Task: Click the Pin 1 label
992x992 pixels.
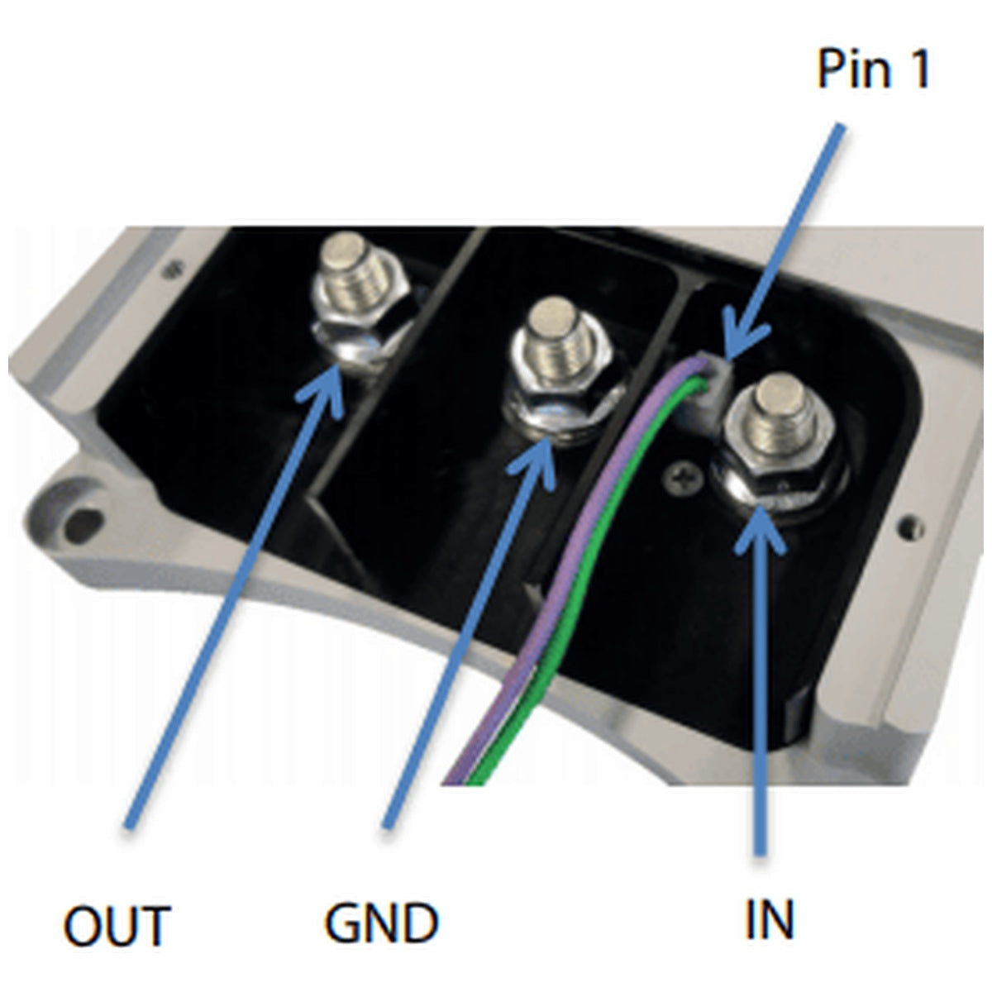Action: coord(874,69)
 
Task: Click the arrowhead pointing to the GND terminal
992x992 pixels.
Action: coord(534,460)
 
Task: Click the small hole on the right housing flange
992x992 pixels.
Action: coord(910,527)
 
